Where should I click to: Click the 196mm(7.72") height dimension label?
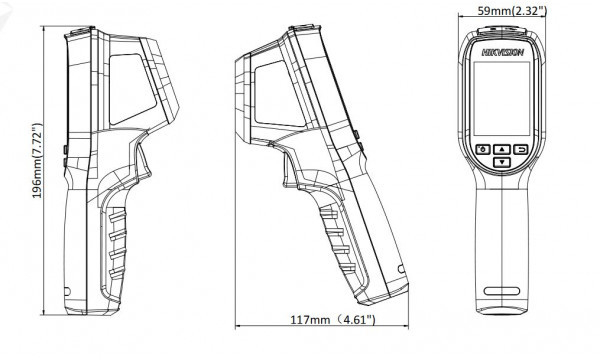click(x=37, y=161)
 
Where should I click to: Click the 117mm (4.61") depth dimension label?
click(x=333, y=319)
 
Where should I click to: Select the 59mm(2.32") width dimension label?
click(x=512, y=11)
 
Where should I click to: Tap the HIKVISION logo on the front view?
click(x=502, y=52)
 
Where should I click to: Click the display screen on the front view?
click(x=502, y=98)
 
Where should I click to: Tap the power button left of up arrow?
click(x=483, y=149)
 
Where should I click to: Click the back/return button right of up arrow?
click(x=521, y=149)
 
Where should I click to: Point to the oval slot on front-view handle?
click(x=502, y=291)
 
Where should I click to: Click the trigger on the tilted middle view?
click(x=291, y=168)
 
